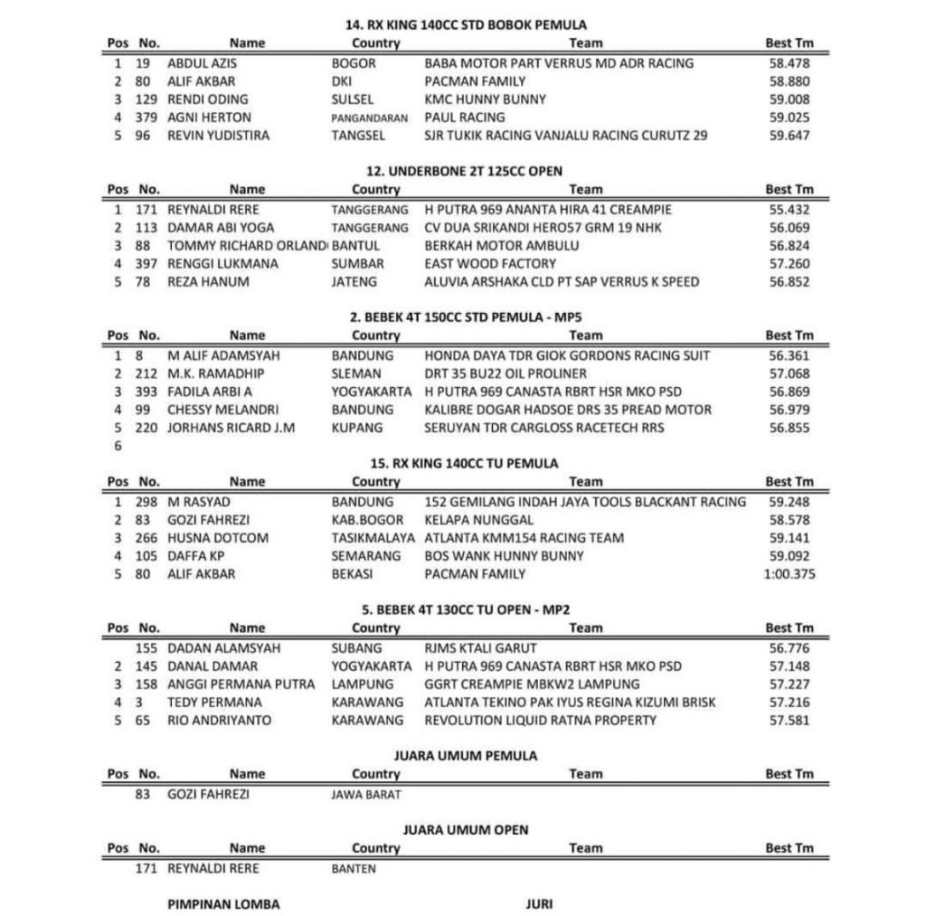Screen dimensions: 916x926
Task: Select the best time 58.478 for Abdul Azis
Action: [x=789, y=63]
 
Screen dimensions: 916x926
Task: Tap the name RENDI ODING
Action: [x=208, y=99]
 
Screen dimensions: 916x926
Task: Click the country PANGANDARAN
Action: [x=369, y=118]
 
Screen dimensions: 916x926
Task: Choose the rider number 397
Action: [x=147, y=264]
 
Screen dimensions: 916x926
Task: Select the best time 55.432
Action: [x=789, y=209]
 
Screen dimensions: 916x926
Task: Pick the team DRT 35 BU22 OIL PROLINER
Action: [x=506, y=373]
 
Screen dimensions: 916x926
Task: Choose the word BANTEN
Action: [x=354, y=869]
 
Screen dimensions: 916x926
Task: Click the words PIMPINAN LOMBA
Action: [x=223, y=904]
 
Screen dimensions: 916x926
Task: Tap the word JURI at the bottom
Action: [x=538, y=904]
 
